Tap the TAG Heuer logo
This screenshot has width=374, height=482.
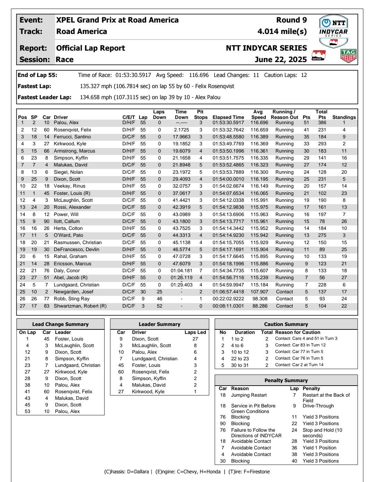(348, 56)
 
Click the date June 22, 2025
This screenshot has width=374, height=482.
(280, 60)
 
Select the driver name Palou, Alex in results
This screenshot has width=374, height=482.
(66, 123)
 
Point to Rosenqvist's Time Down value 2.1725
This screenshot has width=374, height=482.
(181, 130)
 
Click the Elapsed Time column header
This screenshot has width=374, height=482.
(228, 117)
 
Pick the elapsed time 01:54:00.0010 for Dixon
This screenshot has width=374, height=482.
(228, 179)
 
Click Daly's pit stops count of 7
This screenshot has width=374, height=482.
(200, 270)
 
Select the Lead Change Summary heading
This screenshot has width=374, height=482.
(60, 324)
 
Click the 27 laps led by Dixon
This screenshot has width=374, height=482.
(195, 339)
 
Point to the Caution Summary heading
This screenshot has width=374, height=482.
(286, 324)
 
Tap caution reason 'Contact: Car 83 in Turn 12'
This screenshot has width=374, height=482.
(300, 345)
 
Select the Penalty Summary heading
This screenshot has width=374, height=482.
(286, 380)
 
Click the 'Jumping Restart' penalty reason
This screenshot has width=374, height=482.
(249, 395)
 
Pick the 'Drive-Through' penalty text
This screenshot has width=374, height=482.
(318, 406)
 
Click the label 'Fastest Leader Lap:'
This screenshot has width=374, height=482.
(44, 97)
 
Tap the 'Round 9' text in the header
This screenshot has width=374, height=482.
(292, 20)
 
